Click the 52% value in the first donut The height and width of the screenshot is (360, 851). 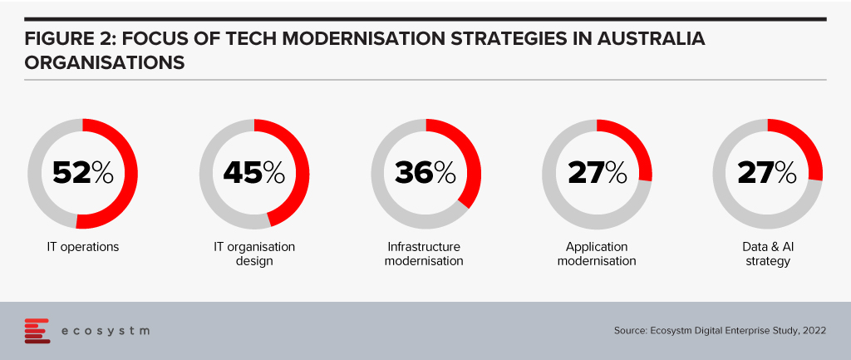[x=83, y=173]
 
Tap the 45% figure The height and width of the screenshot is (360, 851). [x=254, y=173]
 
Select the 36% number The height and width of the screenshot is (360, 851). [x=425, y=173]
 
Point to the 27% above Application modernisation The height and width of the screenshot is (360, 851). [x=597, y=173]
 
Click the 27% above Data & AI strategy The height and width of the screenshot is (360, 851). [x=767, y=173]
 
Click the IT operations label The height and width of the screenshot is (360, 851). [x=82, y=247]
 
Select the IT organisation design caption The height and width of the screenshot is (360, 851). [x=254, y=254]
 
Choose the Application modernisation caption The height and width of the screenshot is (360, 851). [x=597, y=254]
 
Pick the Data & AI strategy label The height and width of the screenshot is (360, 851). [x=767, y=254]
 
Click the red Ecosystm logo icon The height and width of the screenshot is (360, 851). [x=37, y=331]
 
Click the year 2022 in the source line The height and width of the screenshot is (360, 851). [x=816, y=330]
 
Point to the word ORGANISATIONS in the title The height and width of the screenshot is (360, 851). [x=104, y=62]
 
